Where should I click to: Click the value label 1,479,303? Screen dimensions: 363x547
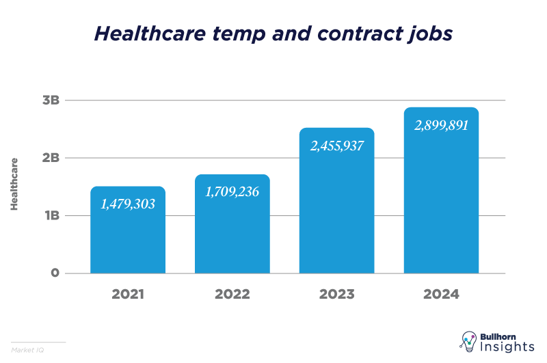tap(128, 204)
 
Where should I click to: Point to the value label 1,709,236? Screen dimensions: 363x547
tap(232, 191)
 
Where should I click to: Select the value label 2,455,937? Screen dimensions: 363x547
tap(337, 146)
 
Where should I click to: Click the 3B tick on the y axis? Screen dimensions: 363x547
tap(51, 100)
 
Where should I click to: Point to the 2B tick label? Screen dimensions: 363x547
tap(51, 158)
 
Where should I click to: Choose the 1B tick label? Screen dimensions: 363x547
tap(51, 216)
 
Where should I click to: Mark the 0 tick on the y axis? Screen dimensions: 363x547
tap(55, 273)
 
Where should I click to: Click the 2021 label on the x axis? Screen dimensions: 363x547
tap(128, 295)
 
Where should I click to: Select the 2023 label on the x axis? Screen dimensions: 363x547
tap(337, 295)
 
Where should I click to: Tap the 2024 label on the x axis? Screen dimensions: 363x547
tap(441, 295)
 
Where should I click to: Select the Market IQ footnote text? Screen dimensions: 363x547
tap(24, 350)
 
